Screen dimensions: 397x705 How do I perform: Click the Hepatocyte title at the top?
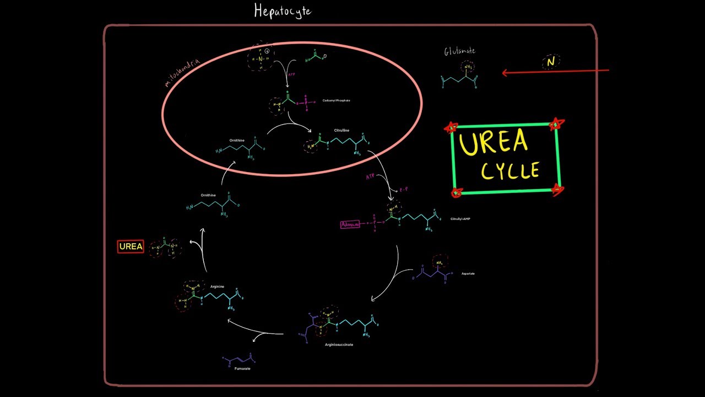(x=283, y=11)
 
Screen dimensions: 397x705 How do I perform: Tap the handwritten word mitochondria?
(x=182, y=73)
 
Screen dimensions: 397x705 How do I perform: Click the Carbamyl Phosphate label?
(x=336, y=100)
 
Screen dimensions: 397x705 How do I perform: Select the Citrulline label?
(x=341, y=131)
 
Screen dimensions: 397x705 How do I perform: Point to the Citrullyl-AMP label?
(x=460, y=219)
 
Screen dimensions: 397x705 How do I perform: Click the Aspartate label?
(x=468, y=273)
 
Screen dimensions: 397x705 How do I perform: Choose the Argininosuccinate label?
(x=339, y=345)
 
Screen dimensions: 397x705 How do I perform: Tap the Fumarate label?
(x=242, y=368)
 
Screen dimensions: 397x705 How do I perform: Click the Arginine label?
(x=217, y=287)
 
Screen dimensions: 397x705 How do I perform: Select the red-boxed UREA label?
(x=131, y=246)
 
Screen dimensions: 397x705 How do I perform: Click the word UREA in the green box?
(x=493, y=142)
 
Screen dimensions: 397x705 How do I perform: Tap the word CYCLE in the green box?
(x=510, y=170)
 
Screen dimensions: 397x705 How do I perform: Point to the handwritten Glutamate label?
(x=459, y=51)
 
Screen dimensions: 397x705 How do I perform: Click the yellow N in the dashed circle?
(x=551, y=62)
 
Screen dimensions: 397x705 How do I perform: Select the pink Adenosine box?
(x=350, y=224)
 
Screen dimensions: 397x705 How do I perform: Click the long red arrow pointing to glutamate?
(x=556, y=72)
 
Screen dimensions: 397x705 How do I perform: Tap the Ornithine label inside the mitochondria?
(x=237, y=141)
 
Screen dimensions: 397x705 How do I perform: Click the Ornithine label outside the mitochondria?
(x=208, y=195)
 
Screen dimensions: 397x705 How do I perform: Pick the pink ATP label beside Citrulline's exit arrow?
(x=370, y=177)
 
